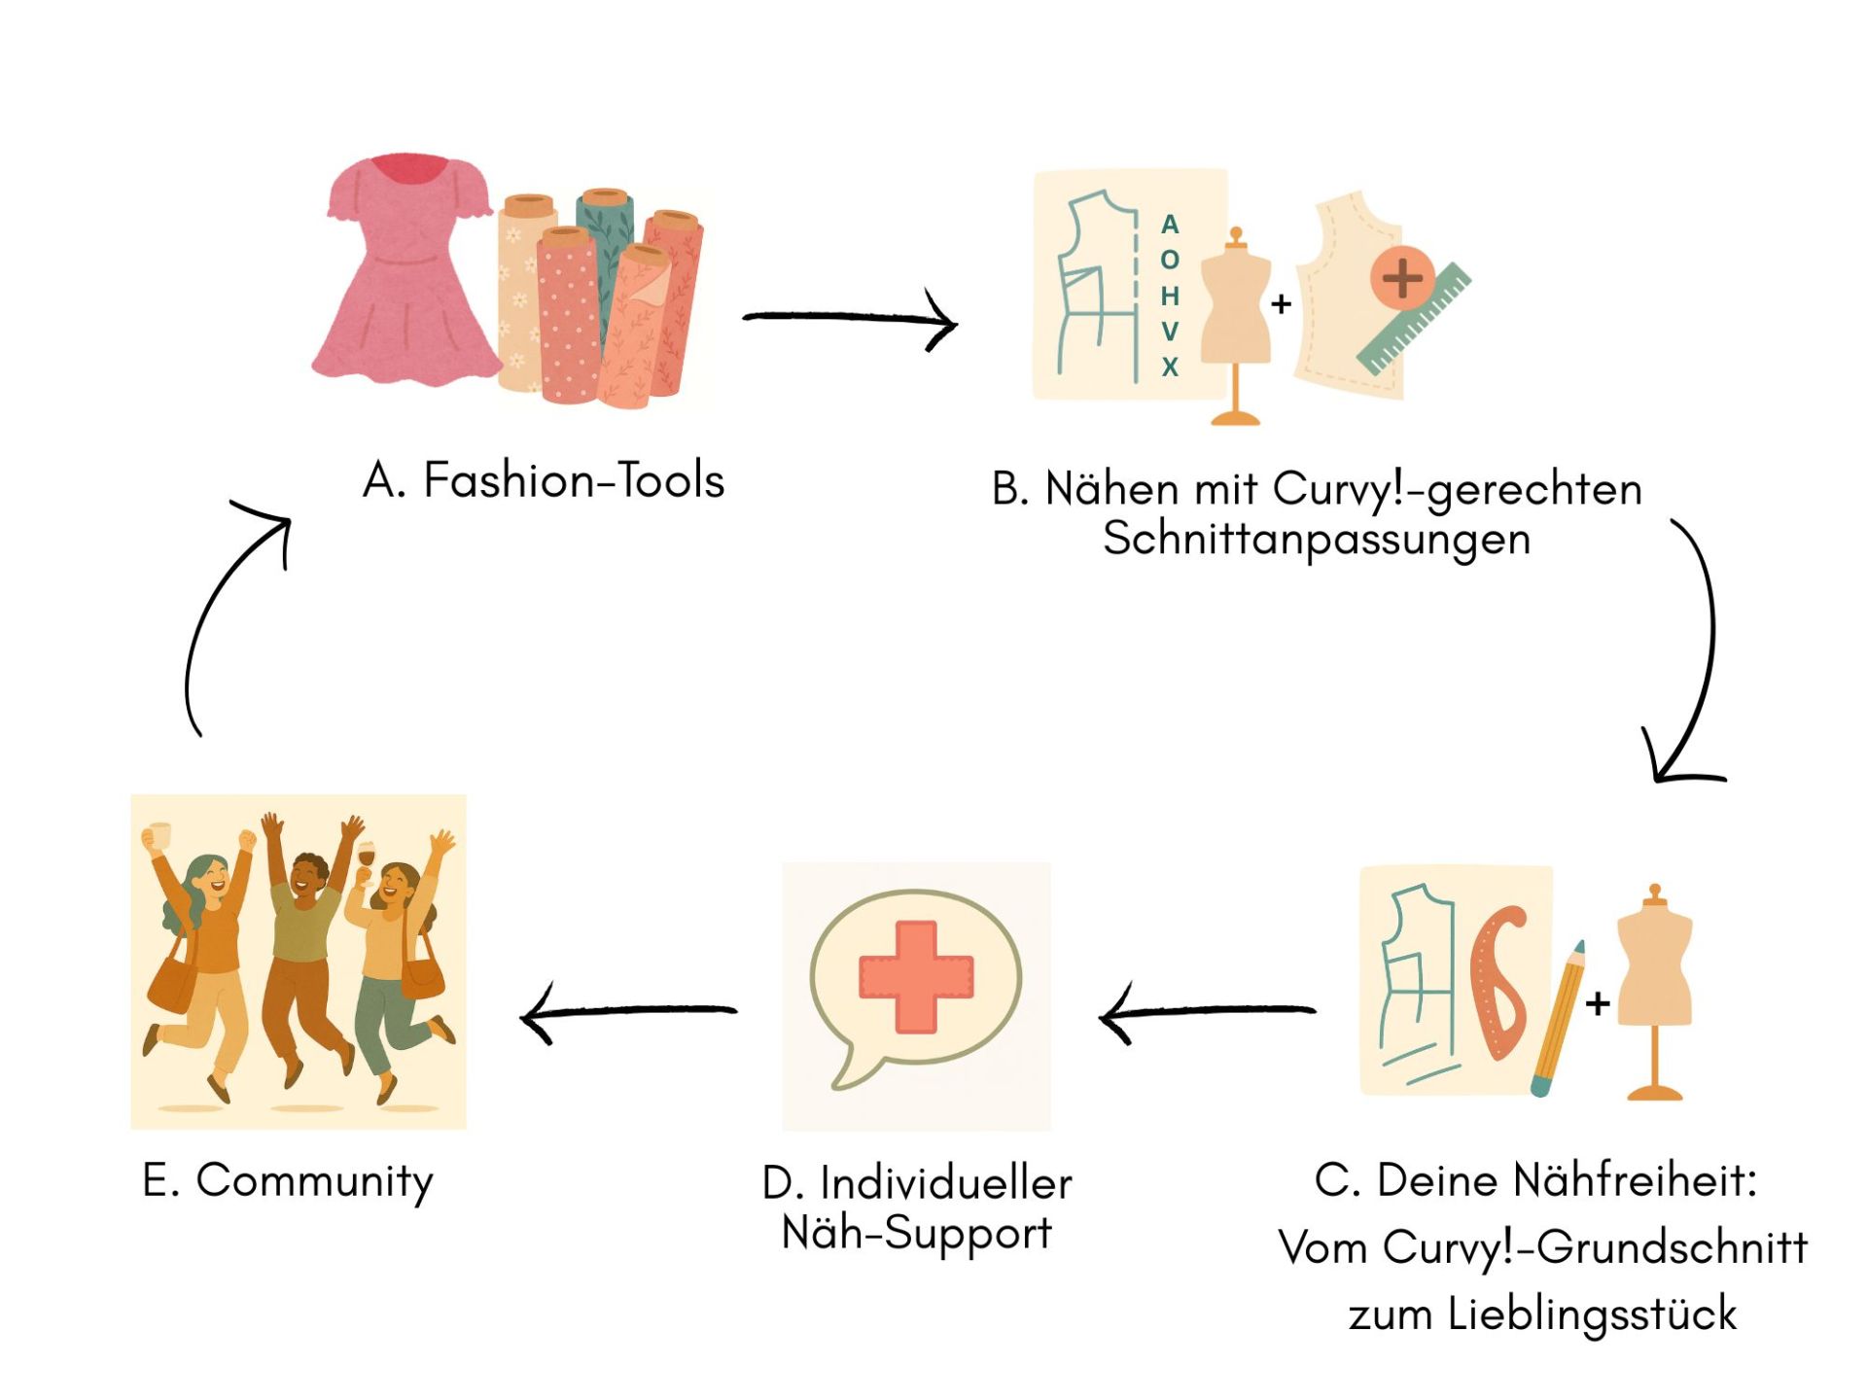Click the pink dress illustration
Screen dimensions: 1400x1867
point(404,272)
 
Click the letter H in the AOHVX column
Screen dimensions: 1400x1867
point(1170,296)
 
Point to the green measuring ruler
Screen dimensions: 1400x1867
point(1415,321)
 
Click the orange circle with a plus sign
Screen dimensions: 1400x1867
point(1402,278)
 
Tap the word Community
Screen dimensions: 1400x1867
point(314,1181)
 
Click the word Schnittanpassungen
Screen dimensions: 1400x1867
point(1317,539)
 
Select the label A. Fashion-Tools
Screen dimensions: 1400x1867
point(544,480)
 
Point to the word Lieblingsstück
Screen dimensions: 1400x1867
point(1591,1314)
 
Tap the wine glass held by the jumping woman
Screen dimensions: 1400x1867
point(366,857)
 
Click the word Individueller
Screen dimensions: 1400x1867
point(945,1184)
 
